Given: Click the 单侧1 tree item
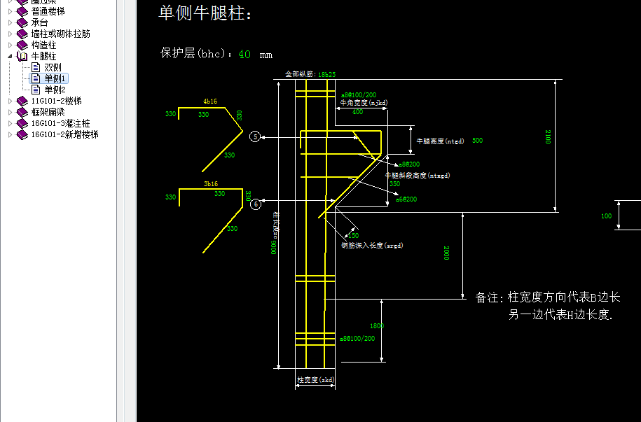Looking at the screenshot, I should coord(55,78).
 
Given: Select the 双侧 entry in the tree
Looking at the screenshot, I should coord(53,67).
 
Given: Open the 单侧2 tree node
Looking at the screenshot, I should coord(55,90).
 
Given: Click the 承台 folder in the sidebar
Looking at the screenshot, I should coord(40,22).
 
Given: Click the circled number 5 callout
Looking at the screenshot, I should coord(256,136).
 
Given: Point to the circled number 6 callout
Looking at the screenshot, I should coord(256,204).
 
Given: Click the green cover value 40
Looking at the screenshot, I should coord(244,54).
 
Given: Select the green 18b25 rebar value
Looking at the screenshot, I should coord(326,74).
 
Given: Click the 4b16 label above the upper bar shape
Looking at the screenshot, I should coord(210,101).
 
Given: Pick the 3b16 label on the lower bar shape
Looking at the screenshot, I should coord(210,183).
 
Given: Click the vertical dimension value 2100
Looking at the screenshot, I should coord(548,137).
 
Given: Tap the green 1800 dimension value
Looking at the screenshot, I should coord(377,326).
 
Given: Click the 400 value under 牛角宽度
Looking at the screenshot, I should coord(357,112).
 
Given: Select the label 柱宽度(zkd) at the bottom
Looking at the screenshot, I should coord(315,380).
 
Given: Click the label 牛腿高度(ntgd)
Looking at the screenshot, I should coord(440,141).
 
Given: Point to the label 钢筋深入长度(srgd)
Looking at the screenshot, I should coord(372,246).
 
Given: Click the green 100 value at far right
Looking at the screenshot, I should coord(607,216).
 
